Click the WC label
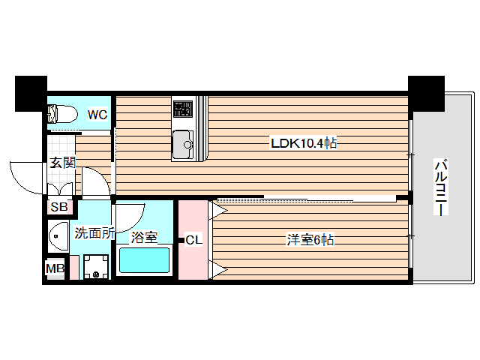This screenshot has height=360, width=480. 97,115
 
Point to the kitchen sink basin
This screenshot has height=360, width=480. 182,144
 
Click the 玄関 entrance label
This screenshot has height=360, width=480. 63,162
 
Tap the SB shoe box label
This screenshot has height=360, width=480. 58,208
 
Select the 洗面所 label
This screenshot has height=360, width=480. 94,232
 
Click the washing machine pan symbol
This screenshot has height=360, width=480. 96,266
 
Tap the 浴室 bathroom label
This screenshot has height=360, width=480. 144,238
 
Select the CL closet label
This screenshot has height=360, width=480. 193,240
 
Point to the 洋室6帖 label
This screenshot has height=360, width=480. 310,240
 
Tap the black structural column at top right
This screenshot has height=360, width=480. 425,92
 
